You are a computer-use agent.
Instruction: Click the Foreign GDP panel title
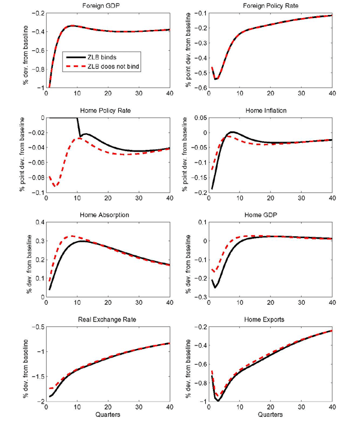[x=107, y=6]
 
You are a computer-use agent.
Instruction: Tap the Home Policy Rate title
[x=107, y=111]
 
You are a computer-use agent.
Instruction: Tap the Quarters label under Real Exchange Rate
[x=107, y=414]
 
